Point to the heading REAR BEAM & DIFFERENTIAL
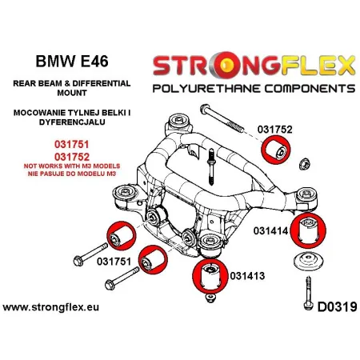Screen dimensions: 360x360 (63, 86)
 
